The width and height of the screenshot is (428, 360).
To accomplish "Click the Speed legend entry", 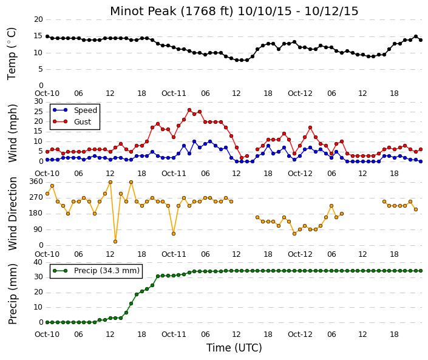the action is click(x=75, y=110).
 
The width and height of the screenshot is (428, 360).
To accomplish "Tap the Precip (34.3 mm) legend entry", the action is click(x=96, y=271).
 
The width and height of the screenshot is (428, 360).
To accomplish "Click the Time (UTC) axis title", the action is click(x=234, y=348).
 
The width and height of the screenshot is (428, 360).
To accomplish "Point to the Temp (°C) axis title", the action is click(x=12, y=53).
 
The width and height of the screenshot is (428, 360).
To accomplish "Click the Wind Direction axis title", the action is click(x=13, y=214).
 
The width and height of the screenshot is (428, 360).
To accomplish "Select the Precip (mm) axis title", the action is click(x=13, y=294).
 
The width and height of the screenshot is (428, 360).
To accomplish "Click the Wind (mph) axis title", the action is click(x=13, y=133).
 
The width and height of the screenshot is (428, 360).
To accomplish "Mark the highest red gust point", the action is click(x=189, y=110).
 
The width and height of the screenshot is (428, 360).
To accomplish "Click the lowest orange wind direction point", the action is click(x=115, y=242).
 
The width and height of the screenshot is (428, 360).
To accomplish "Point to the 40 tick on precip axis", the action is click(x=38, y=262).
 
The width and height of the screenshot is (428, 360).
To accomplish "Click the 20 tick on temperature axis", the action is click(x=38, y=19).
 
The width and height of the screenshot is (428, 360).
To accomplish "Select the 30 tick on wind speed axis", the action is click(x=38, y=101).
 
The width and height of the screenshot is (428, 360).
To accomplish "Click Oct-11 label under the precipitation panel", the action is click(x=174, y=335).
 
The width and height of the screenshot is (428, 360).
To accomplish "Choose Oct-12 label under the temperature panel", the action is click(x=300, y=93).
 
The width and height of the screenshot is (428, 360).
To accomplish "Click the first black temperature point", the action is click(x=47, y=36).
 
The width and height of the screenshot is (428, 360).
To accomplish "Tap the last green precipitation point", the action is click(x=421, y=271).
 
